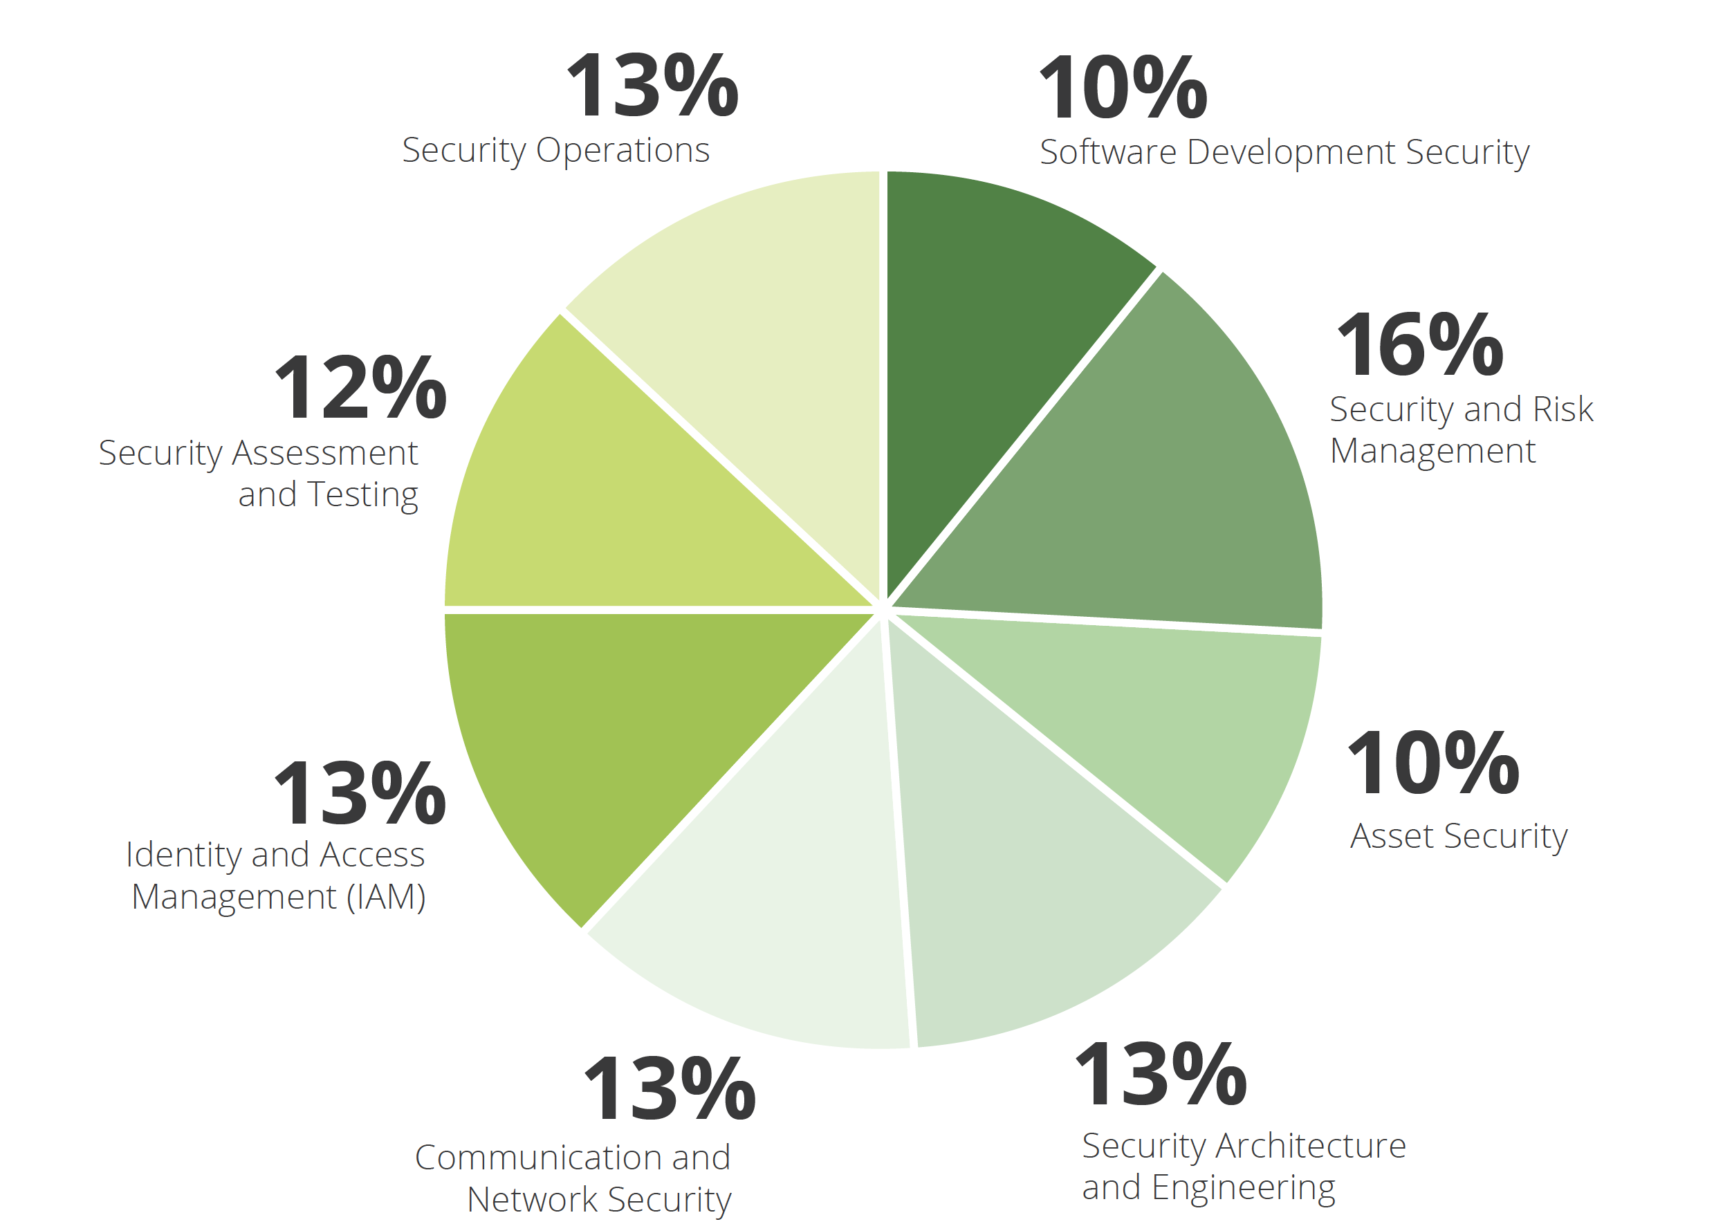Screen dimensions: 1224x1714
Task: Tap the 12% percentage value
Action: [360, 388]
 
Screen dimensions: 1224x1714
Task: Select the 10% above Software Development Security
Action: [1123, 89]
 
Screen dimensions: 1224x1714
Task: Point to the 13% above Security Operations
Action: [652, 86]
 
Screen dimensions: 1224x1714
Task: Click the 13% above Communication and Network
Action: [670, 1089]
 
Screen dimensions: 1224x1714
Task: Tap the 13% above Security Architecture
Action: [1161, 1074]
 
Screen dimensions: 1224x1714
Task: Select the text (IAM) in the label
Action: [386, 897]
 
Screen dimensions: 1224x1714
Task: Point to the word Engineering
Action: [1244, 1189]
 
